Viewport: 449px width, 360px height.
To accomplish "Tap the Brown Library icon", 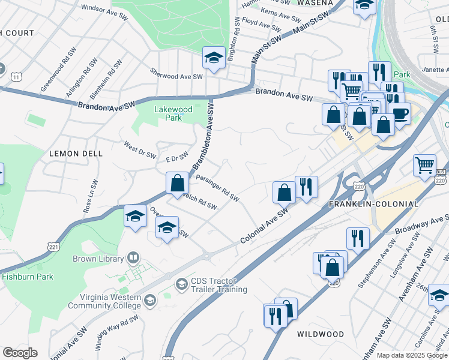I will [133, 259].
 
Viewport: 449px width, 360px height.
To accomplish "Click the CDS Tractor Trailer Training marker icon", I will [182, 282].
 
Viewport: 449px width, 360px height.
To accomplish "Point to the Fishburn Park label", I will [28, 277].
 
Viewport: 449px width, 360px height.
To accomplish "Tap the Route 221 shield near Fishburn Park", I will [52, 246].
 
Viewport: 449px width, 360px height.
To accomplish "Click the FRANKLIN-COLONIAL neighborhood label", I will [373, 204].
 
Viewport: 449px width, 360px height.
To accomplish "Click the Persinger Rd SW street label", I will [218, 188].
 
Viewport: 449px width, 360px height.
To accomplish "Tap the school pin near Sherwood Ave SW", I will [212, 58].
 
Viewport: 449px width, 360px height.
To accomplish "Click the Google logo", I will [20, 353].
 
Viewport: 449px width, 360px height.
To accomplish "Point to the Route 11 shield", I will [16, 76].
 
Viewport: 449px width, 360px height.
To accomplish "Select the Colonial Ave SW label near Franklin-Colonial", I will [265, 226].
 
